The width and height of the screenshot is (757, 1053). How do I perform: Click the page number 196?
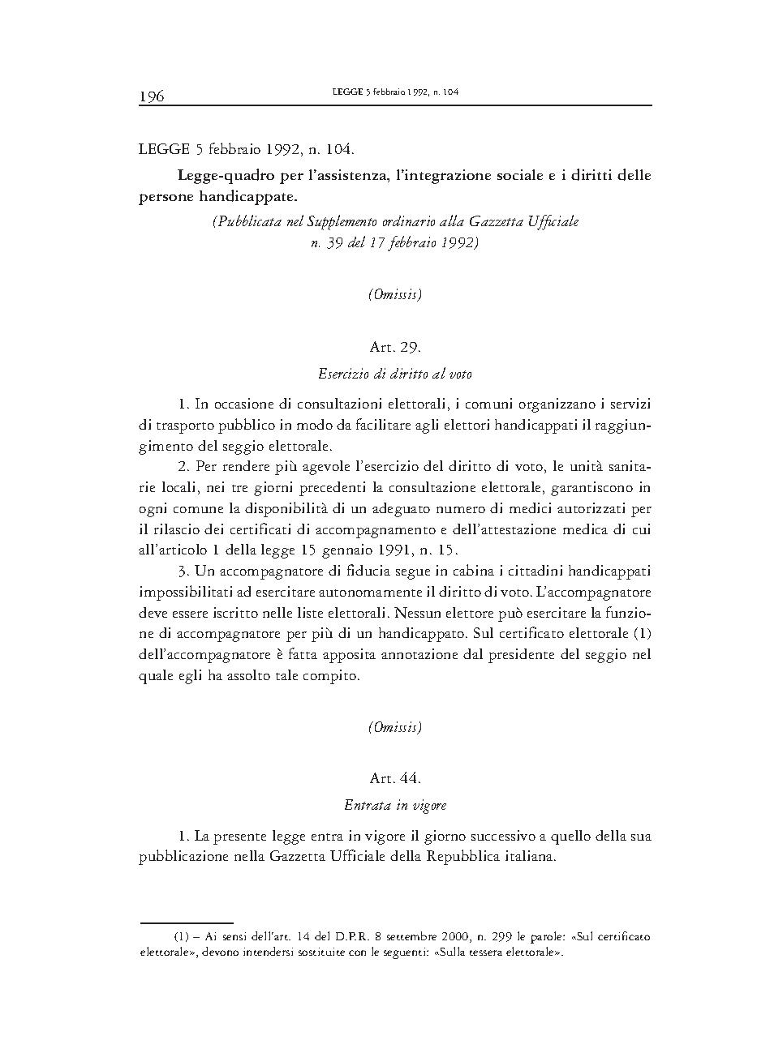pyautogui.click(x=152, y=96)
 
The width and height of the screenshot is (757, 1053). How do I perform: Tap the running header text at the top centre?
pyautogui.click(x=395, y=92)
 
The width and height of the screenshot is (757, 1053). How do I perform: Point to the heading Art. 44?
pyautogui.click(x=395, y=778)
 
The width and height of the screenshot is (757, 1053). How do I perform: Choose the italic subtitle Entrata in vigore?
pyautogui.click(x=395, y=806)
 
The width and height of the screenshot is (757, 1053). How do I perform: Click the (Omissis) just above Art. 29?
pyautogui.click(x=395, y=295)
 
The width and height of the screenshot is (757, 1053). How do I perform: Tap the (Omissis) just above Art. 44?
pyautogui.click(x=395, y=727)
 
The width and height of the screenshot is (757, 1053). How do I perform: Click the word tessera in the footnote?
pyautogui.click(x=484, y=952)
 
